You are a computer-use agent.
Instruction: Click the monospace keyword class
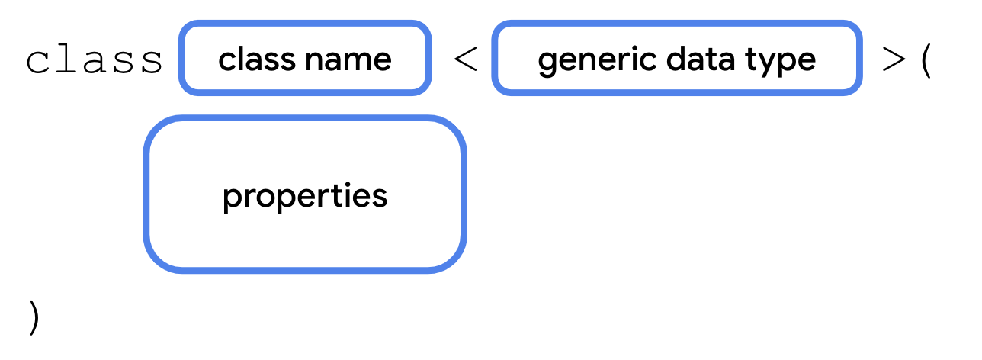click(x=95, y=61)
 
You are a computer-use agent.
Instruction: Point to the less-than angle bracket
click(x=465, y=60)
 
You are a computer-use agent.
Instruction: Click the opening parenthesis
click(x=926, y=61)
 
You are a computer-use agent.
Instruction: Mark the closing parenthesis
click(x=33, y=317)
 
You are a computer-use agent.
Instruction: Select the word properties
click(x=305, y=196)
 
